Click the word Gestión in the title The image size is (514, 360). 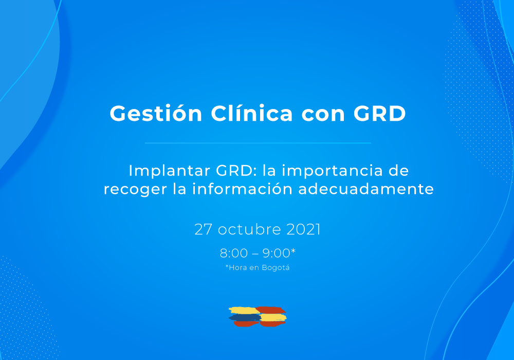156,114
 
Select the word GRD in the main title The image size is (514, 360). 380,114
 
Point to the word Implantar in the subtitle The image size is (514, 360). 169,171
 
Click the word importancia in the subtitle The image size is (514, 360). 332,171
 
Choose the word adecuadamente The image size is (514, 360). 366,189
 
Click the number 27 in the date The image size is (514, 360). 203,229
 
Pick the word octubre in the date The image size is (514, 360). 249,229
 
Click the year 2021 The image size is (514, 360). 304,229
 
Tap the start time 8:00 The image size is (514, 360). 234,253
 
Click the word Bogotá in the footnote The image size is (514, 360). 276,268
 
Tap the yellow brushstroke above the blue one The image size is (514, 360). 244,310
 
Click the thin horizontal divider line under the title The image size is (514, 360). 258,143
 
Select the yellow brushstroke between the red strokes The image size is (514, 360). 273,317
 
